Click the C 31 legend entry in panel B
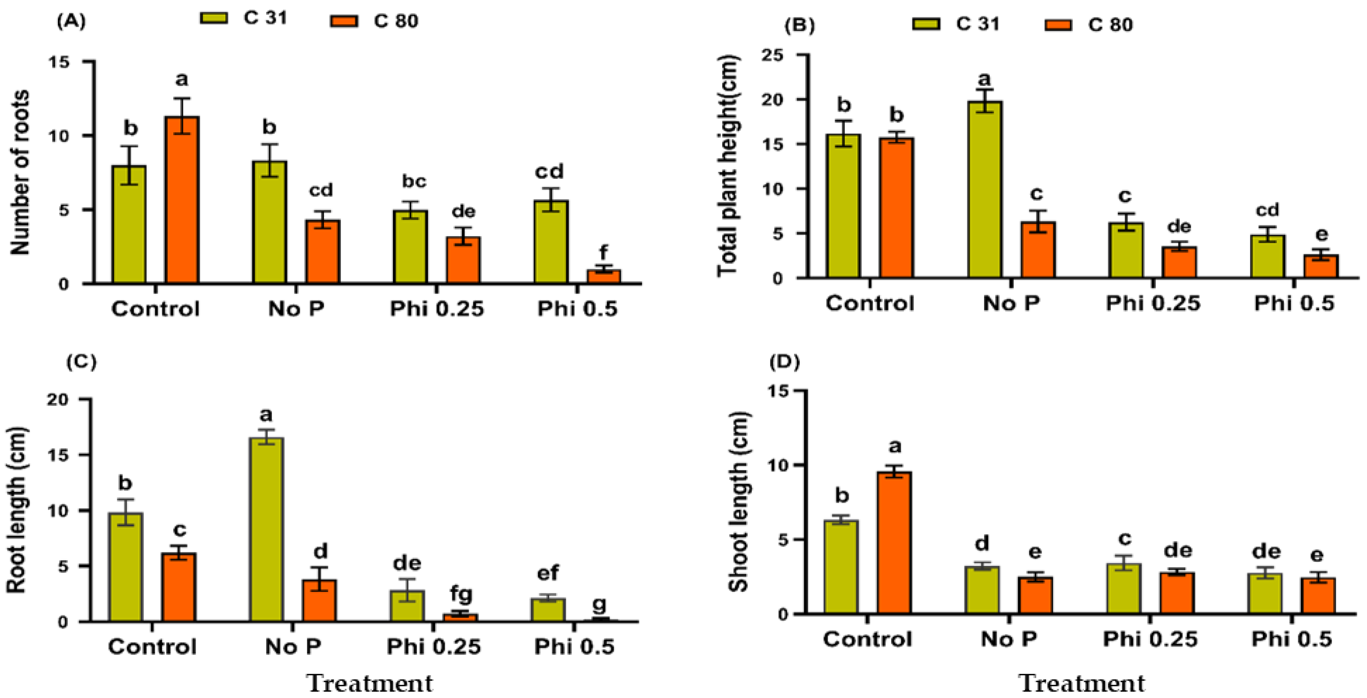pos(955,24)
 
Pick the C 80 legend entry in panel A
pos(374,21)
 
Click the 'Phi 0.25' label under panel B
pos(1153,303)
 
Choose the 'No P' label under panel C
pos(293,647)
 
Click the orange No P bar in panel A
pos(323,251)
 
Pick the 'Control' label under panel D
pos(867,639)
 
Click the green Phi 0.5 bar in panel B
pos(1267,256)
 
